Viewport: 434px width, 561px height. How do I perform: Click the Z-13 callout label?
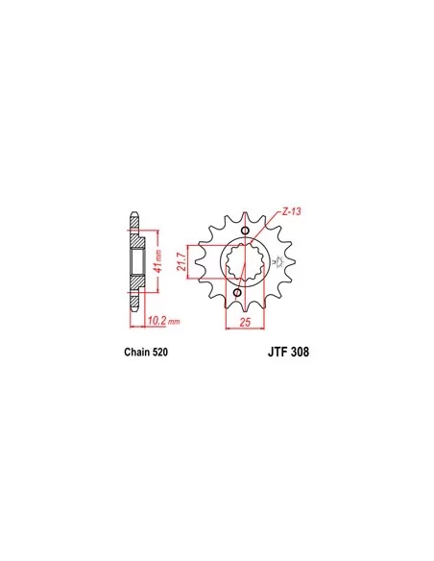coord(291,211)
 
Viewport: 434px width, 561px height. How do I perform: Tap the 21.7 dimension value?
coord(181,262)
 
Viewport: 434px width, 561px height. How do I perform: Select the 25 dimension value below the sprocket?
coord(245,323)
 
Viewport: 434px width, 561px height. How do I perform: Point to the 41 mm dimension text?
coord(158,261)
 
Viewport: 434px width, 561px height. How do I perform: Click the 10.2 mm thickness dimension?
coord(163,321)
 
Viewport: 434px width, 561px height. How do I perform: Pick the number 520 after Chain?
coord(160,352)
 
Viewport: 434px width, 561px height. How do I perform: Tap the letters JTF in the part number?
coord(277,352)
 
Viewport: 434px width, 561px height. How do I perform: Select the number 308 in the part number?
coord(299,352)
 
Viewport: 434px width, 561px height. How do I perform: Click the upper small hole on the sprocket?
coord(245,231)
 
